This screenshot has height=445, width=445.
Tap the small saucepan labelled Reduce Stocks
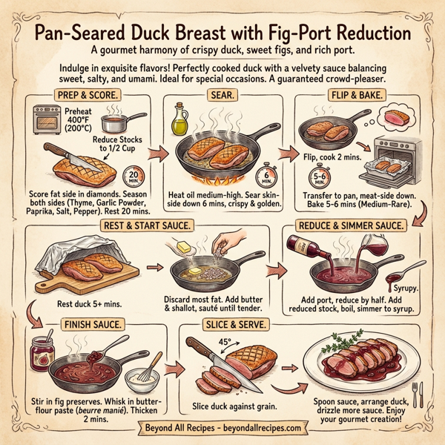click(x=115, y=121)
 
